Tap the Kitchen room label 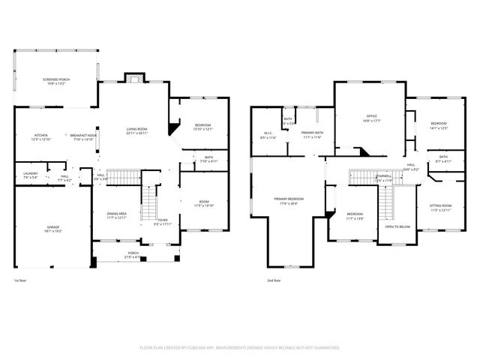click(x=40, y=136)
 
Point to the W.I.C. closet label click(x=268, y=136)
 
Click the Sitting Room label click(x=440, y=207)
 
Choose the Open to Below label click(x=397, y=226)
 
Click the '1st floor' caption click(x=21, y=280)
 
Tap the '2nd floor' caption click(x=274, y=280)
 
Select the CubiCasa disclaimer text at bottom click(x=240, y=348)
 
